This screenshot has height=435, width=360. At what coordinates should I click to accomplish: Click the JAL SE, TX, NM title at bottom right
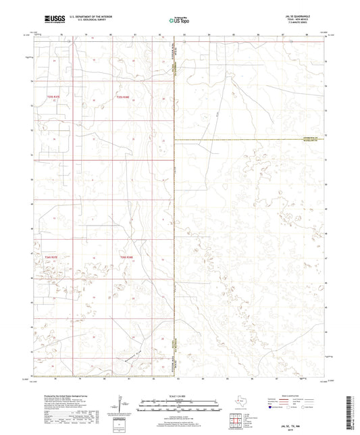317,423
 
